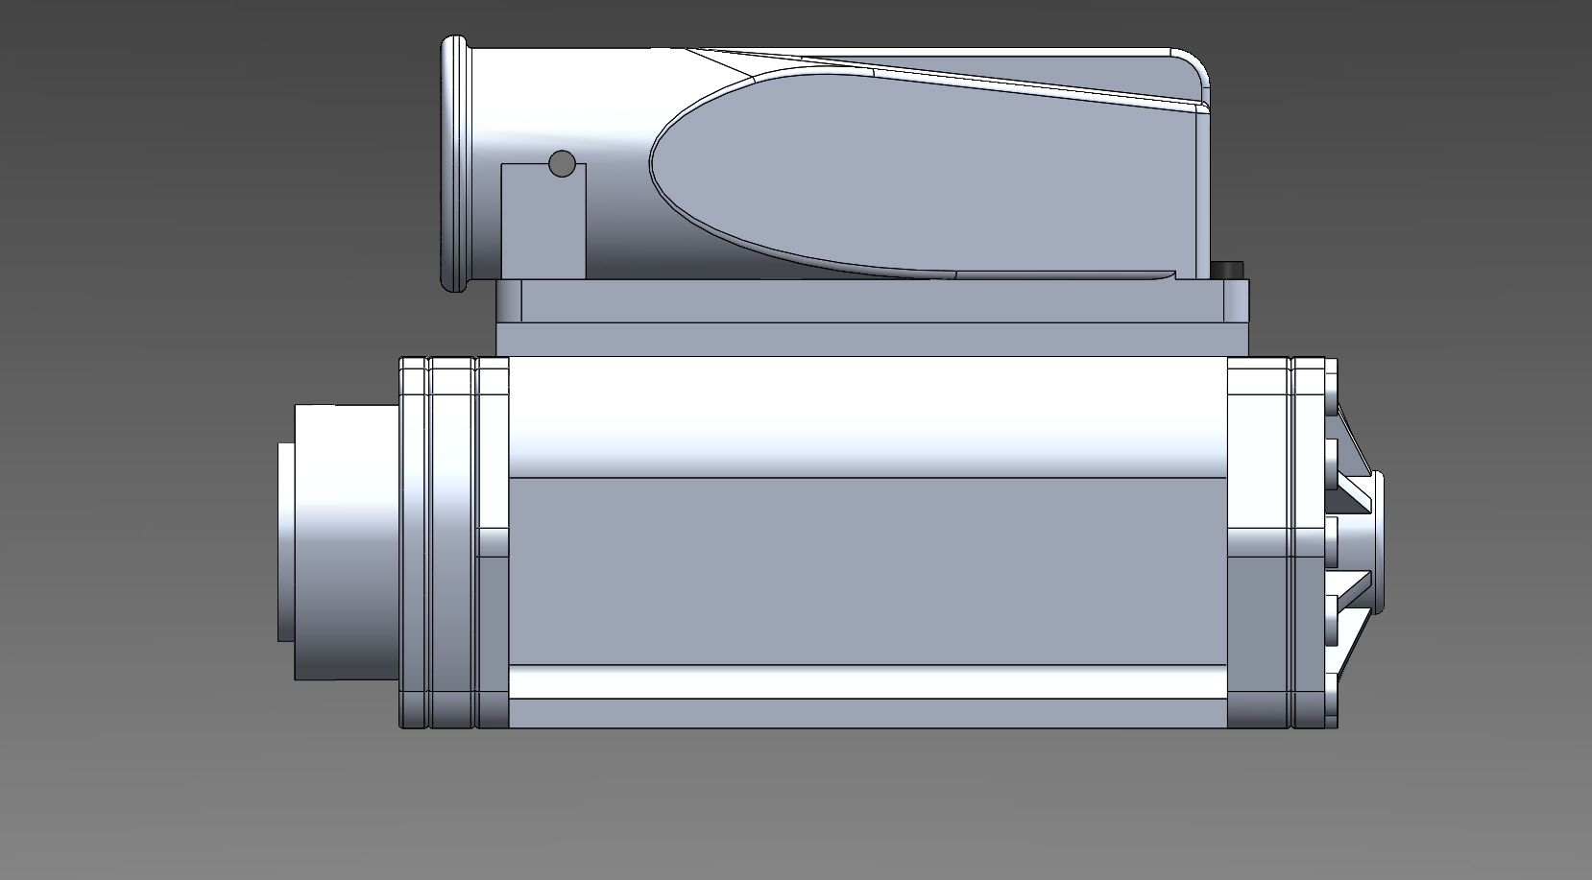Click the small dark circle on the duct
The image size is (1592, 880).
(x=561, y=164)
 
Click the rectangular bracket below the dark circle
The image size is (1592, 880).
(x=543, y=226)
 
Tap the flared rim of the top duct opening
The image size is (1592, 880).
(x=454, y=163)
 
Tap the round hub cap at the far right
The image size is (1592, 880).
(x=1380, y=542)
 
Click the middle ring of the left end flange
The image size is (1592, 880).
(x=452, y=542)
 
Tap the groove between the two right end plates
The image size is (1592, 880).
(x=1291, y=542)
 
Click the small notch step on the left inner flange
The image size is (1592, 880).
(x=493, y=542)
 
